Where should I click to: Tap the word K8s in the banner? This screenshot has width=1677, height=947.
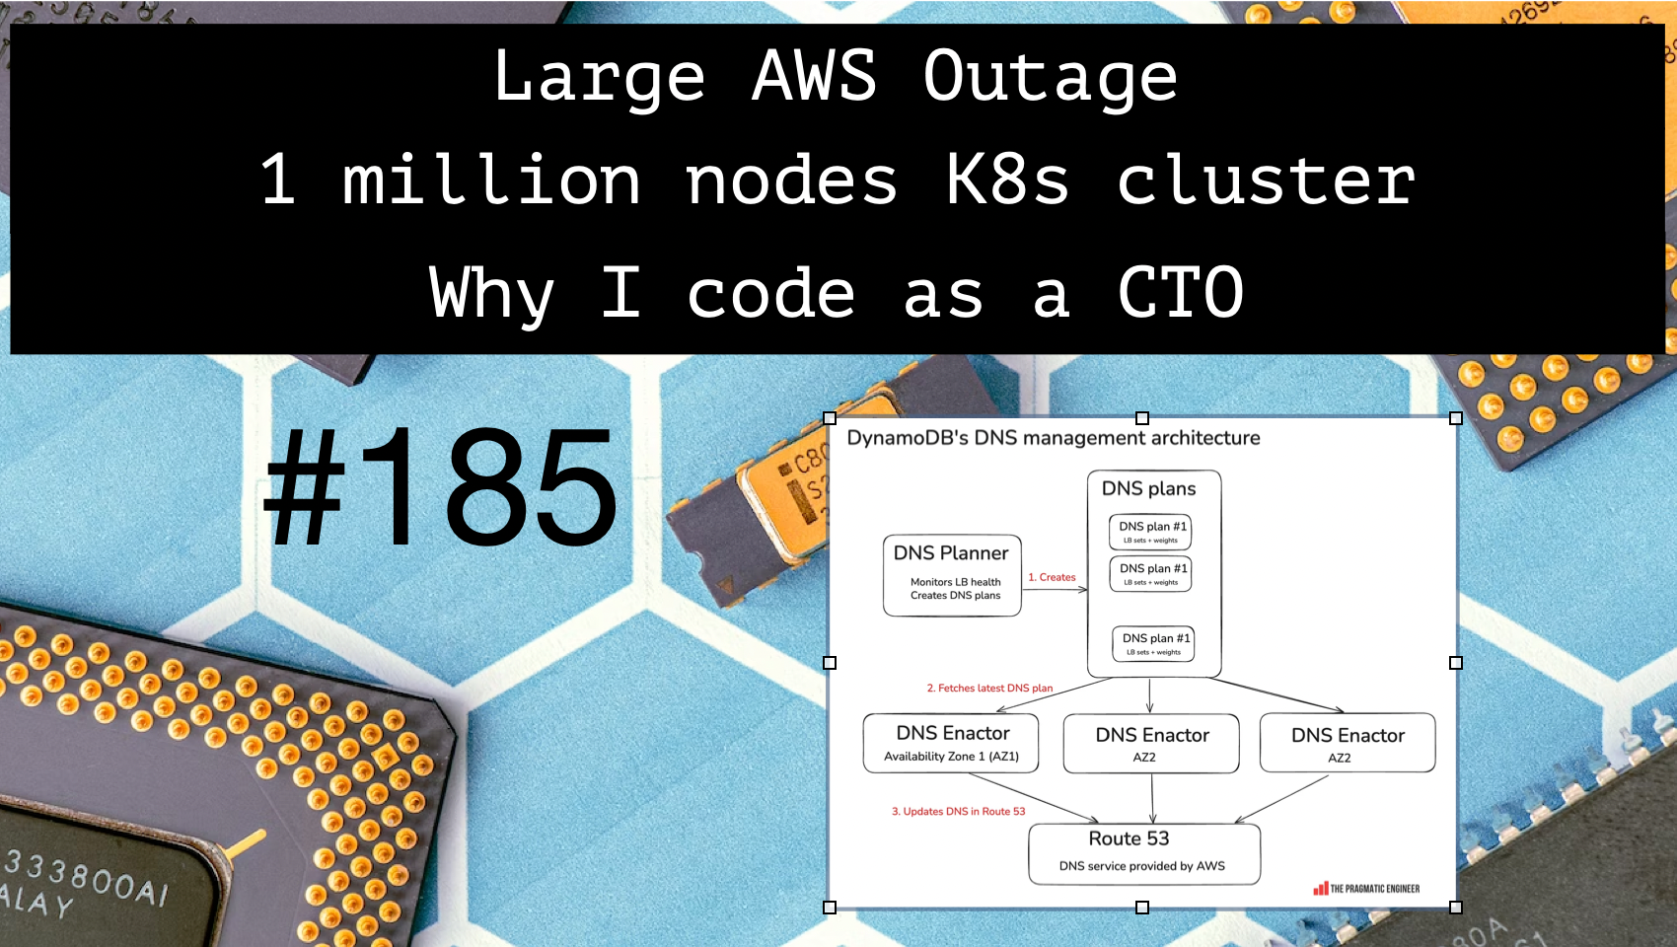[1007, 181]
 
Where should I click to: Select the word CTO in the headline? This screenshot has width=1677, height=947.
[1180, 293]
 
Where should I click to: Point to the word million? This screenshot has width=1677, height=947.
[491, 181]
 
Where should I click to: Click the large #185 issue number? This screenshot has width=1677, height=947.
[440, 487]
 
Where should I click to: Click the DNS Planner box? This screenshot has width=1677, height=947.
[952, 575]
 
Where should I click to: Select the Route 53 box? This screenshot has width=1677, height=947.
[1143, 852]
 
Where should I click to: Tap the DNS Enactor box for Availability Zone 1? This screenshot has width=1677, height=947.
[951, 743]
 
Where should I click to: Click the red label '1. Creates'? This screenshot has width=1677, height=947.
[1052, 577]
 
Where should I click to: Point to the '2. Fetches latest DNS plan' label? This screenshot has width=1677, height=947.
[989, 689]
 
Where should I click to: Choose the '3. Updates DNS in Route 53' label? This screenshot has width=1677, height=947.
[958, 812]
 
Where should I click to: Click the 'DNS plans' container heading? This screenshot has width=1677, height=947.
[1148, 488]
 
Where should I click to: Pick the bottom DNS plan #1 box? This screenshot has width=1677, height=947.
[1153, 643]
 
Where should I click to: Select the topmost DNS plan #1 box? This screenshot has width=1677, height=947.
[1150, 532]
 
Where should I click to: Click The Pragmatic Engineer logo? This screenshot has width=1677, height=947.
[1366, 889]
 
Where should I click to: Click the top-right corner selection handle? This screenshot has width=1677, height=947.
[1455, 418]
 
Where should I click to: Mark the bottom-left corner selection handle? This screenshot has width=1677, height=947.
[830, 907]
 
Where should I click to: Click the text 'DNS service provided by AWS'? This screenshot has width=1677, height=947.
[1142, 866]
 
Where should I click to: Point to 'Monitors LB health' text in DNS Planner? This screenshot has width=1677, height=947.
[955, 582]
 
